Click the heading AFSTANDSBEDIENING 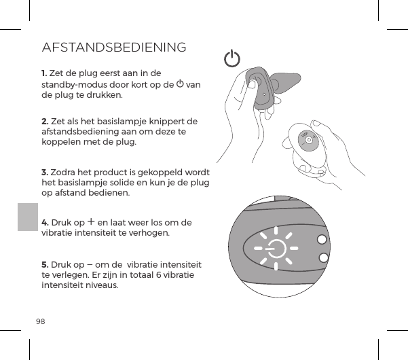pyautogui.click(x=114, y=48)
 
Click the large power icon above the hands pyautogui.click(x=232, y=59)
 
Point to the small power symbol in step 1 pyautogui.click(x=180, y=84)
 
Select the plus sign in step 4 pyautogui.click(x=90, y=222)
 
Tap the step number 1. pyautogui.click(x=44, y=73)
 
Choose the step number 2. pyautogui.click(x=44, y=121)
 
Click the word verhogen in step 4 pyautogui.click(x=149, y=233)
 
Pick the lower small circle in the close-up pyautogui.click(x=323, y=257)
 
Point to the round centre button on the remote pyautogui.click(x=309, y=140)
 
